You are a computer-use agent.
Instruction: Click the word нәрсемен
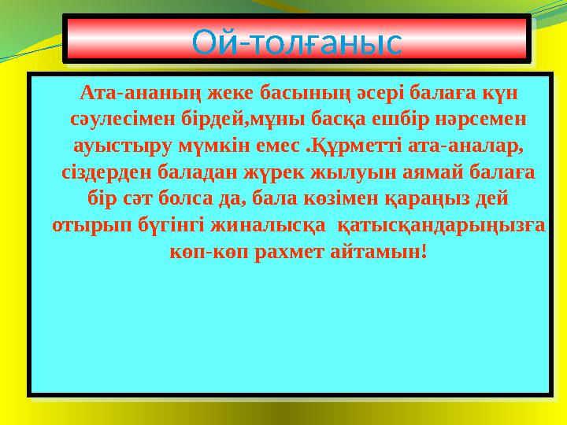[483, 120]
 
